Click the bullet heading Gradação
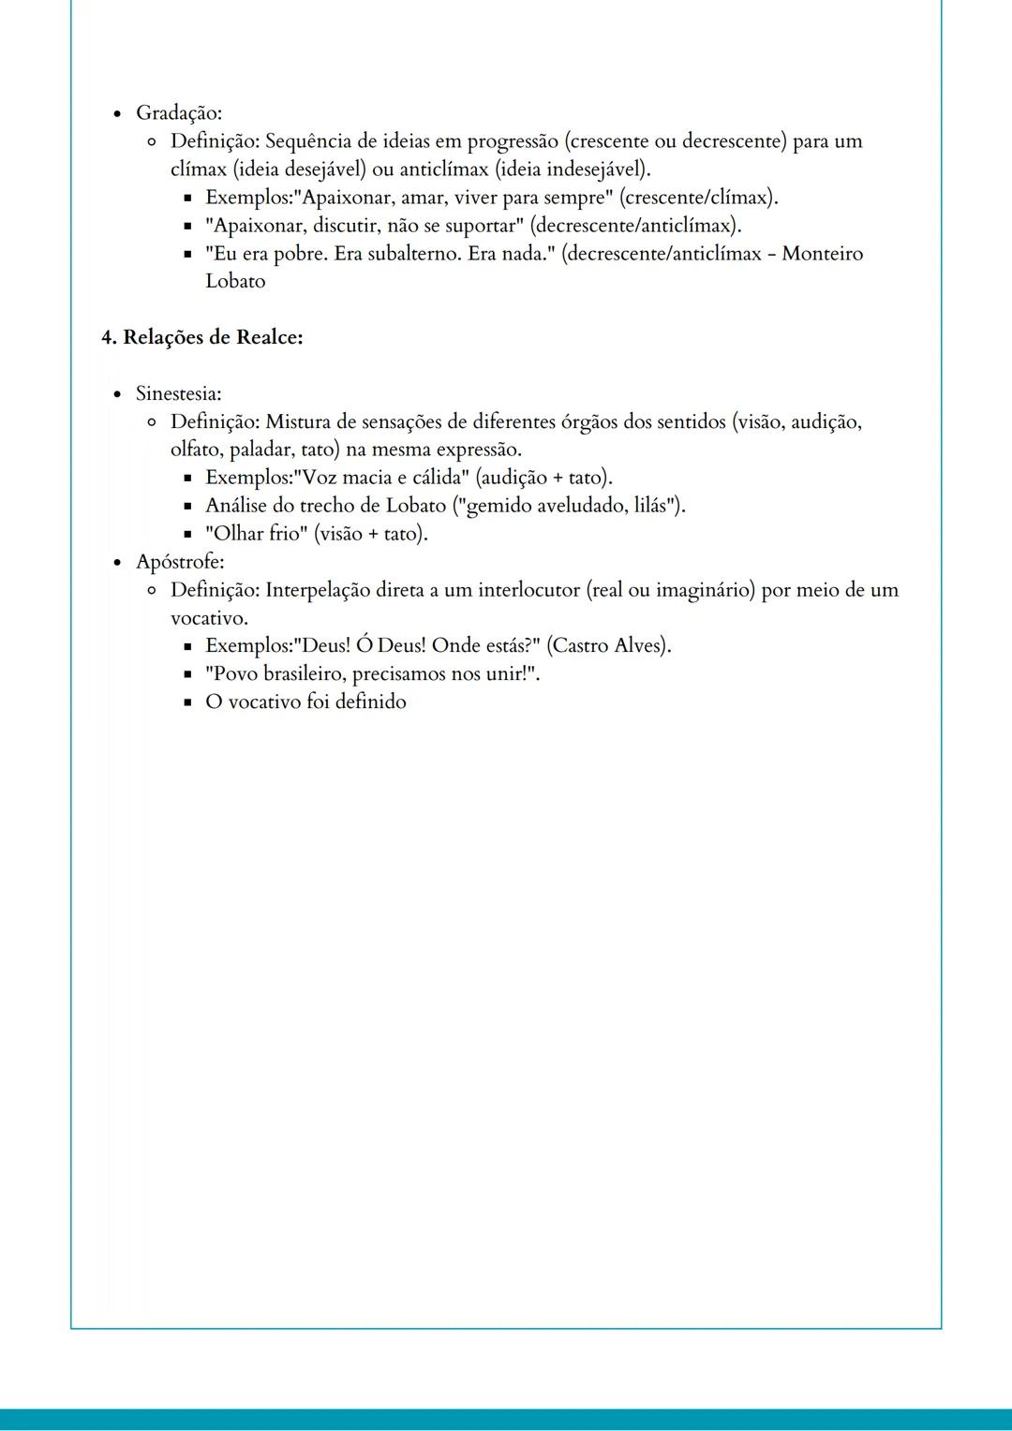[x=178, y=113]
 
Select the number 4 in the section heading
[x=107, y=337]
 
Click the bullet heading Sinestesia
[x=178, y=393]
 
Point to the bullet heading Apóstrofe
[x=179, y=562]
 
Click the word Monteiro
[x=822, y=254]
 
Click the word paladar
[x=261, y=450]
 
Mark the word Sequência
[x=308, y=141]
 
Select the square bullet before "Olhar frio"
[x=187, y=535]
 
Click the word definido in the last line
[x=370, y=702]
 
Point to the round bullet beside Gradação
[x=117, y=114]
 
